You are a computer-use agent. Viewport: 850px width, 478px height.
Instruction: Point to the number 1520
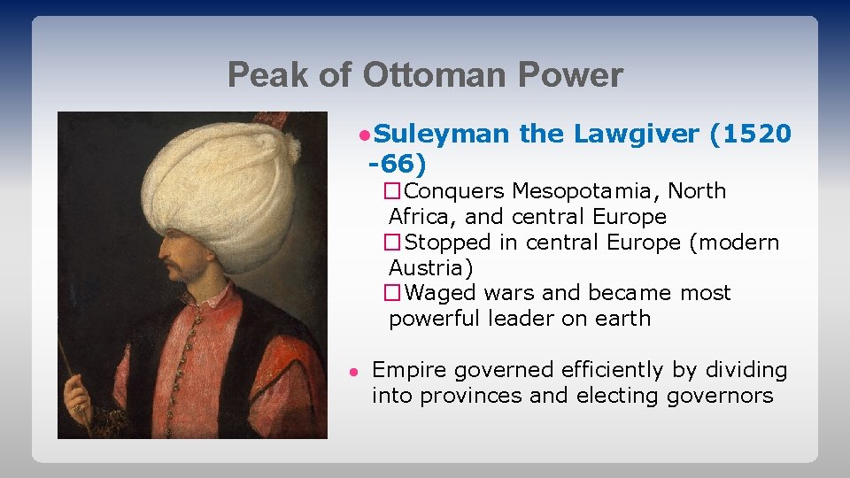[x=756, y=135]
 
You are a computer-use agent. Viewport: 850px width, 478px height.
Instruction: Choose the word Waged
[x=442, y=293]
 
